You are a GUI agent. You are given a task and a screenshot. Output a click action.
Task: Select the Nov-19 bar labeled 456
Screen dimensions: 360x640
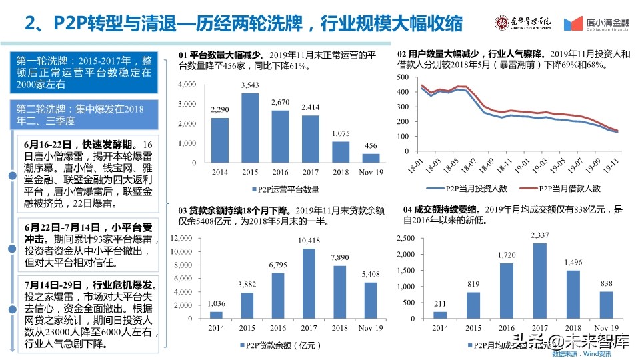(x=371, y=158)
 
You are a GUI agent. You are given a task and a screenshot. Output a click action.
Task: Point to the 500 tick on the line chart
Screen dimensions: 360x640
(x=401, y=77)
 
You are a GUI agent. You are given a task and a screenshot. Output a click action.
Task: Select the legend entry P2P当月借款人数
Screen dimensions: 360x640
(x=563, y=189)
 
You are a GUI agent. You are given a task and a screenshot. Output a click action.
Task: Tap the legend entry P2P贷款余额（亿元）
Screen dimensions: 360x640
(x=275, y=345)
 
